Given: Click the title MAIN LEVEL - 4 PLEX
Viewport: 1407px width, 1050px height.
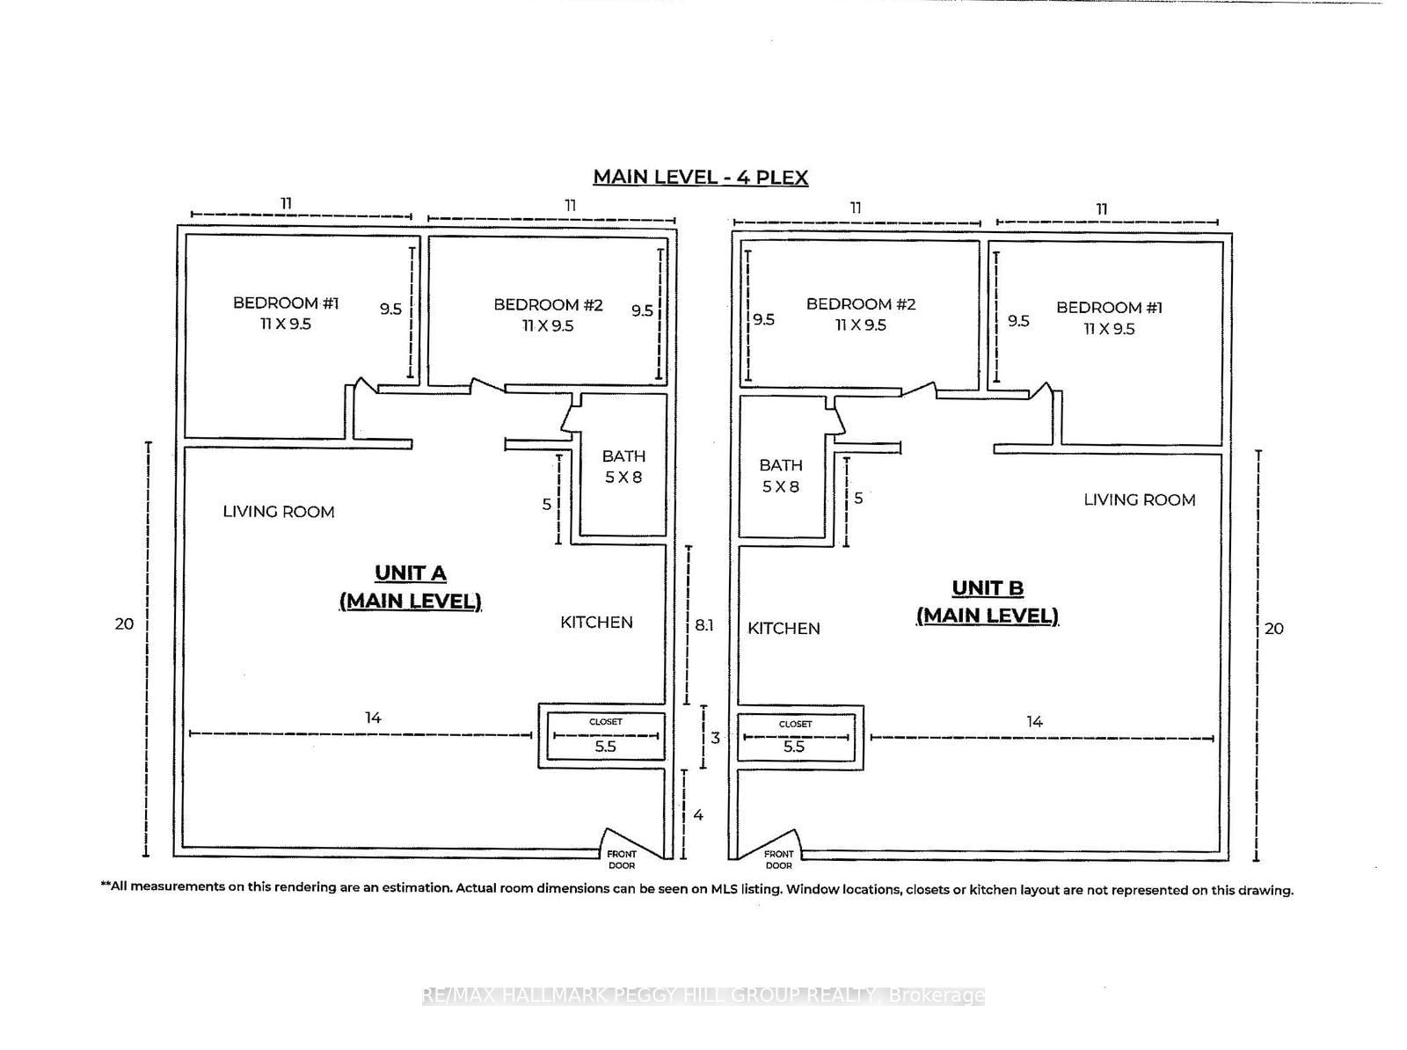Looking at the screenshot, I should [700, 177].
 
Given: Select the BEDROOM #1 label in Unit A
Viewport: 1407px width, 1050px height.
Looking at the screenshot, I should [285, 313].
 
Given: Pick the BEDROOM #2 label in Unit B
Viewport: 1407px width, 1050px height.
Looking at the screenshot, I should [861, 314].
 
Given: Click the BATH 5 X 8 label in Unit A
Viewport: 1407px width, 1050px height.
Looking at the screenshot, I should [623, 466].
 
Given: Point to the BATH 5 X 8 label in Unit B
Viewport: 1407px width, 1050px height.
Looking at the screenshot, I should [780, 475].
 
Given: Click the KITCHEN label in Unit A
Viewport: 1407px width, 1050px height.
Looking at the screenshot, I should [596, 623].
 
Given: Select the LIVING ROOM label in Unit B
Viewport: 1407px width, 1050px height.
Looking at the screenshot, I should [1139, 500].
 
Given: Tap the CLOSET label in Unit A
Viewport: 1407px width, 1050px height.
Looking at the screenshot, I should [605, 722].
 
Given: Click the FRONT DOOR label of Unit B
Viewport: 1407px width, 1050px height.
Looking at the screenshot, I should [778, 859].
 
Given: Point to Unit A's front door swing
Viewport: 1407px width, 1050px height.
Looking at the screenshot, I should [617, 839].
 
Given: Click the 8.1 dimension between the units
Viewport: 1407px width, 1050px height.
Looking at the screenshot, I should [703, 625].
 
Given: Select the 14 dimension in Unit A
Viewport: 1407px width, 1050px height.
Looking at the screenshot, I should [373, 718].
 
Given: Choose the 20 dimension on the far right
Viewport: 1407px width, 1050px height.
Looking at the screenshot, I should [1273, 629].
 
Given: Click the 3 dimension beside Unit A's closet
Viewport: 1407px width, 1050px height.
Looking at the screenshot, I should [715, 738].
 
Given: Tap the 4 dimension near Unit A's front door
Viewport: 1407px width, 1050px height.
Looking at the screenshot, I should [698, 815].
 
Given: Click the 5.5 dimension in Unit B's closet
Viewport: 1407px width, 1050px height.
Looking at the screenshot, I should [794, 747].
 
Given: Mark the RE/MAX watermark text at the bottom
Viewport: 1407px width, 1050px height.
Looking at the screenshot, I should [703, 995].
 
